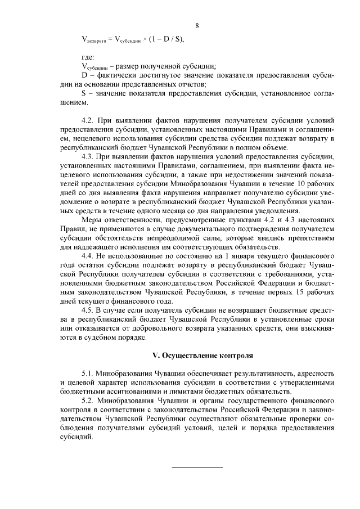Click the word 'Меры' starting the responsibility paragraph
[92, 219]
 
